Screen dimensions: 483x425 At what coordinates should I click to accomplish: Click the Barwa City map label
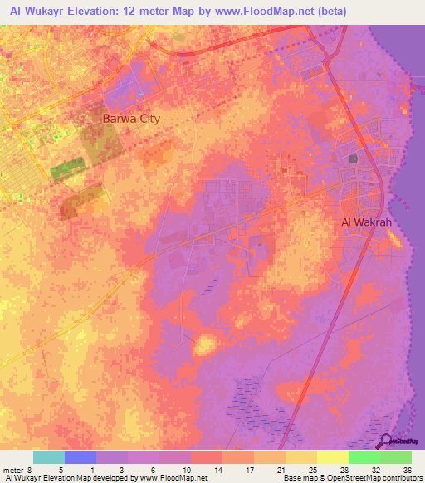point(130,119)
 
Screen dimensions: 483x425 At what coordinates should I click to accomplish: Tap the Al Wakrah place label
point(366,222)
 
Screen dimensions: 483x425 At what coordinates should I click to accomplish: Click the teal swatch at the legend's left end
point(49,457)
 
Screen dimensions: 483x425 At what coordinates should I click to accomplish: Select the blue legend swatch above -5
point(81,457)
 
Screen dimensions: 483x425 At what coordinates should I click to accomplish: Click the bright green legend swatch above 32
point(364,457)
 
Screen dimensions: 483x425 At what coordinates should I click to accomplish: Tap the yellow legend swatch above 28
point(333,457)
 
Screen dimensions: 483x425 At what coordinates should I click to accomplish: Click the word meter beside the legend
point(12,469)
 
